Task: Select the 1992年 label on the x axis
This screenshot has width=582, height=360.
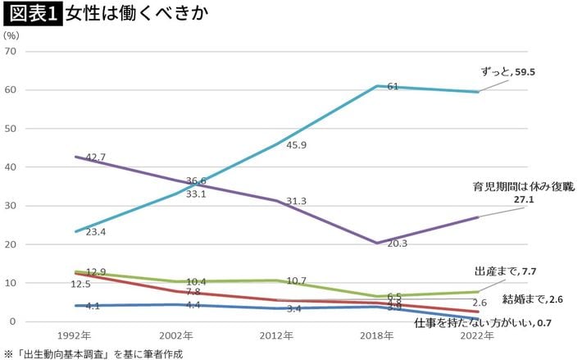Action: pos(75,336)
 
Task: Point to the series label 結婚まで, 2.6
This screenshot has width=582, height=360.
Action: pos(533,299)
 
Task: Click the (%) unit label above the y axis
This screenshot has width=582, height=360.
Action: pos(11,36)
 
